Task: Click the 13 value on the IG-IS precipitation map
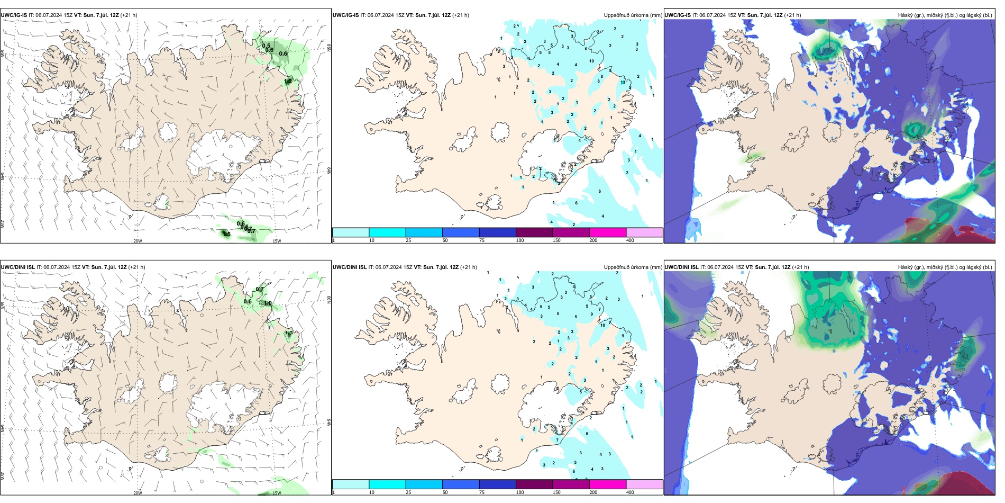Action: [x=623, y=82]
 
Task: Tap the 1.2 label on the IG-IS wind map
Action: [x=288, y=81]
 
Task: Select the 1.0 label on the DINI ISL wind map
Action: [x=268, y=303]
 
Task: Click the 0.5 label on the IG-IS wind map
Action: [x=266, y=46]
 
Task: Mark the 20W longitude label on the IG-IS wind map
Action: [x=138, y=241]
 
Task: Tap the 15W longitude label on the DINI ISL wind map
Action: [x=277, y=493]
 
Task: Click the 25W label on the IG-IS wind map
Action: [x=3, y=224]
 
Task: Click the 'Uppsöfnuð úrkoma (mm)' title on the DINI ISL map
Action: [x=633, y=267]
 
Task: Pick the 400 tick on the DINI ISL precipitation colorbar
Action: [x=630, y=492]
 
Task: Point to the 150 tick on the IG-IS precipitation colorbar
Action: [x=556, y=240]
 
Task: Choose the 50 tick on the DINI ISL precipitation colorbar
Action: [x=445, y=492]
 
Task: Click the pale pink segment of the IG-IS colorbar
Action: [x=644, y=232]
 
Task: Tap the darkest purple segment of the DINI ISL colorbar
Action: [x=534, y=484]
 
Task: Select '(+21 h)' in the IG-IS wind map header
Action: [x=129, y=15]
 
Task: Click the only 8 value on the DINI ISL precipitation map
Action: [x=587, y=434]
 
